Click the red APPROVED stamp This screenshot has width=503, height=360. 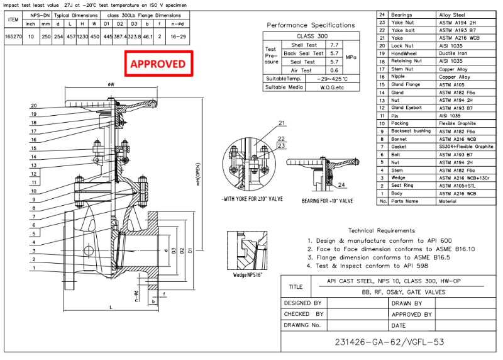click(x=157, y=64)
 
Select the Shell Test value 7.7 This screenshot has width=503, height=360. click(x=334, y=45)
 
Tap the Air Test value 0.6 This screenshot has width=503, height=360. click(x=334, y=70)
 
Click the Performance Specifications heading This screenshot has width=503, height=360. click(x=311, y=25)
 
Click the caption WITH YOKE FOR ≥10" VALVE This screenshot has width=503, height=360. click(x=252, y=200)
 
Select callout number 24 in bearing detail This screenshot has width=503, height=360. click(x=341, y=184)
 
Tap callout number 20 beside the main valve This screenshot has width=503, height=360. click(x=33, y=106)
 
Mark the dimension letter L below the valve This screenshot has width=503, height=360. click(x=111, y=307)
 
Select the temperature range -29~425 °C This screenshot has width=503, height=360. click(x=333, y=79)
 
